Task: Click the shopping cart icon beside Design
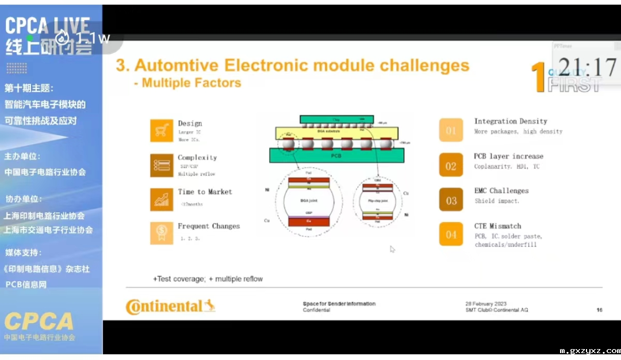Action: [162, 131]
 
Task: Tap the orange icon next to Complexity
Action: [162, 165]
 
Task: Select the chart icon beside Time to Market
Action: [162, 199]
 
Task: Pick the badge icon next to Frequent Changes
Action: [162, 233]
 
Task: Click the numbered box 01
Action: [451, 130]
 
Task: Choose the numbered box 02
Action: [451, 166]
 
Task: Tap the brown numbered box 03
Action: [451, 200]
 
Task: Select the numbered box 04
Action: [451, 234]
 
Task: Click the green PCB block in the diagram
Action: [336, 155]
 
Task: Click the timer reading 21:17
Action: [587, 67]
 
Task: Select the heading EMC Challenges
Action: [501, 190]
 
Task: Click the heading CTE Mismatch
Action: [497, 226]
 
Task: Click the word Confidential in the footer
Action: [316, 311]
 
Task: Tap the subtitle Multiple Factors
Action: [187, 83]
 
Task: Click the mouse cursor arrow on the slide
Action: [392, 249]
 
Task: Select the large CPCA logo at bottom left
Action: [39, 321]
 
